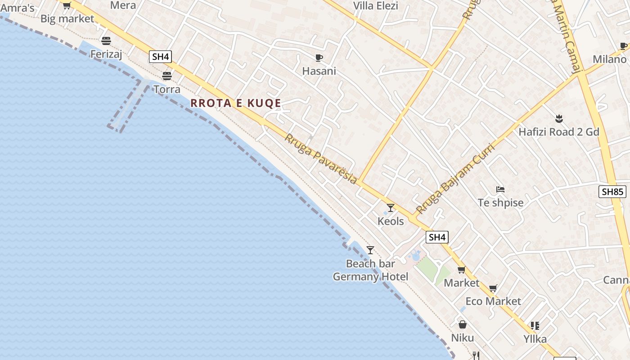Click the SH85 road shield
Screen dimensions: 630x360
tap(612, 192)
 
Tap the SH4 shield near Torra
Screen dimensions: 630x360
tap(161, 57)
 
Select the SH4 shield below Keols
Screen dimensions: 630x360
tap(437, 237)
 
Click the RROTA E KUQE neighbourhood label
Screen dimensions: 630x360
tap(236, 103)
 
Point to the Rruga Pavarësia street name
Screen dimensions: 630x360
tap(321, 159)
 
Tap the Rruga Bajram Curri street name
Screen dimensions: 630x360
tap(455, 179)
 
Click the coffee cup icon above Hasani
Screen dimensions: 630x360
tap(319, 58)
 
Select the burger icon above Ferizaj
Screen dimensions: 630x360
tap(106, 41)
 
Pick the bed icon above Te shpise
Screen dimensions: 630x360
tap(500, 189)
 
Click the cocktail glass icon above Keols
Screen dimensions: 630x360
tap(391, 208)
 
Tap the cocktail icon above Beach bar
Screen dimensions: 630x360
tap(370, 250)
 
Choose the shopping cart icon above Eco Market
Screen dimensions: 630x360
tap(493, 288)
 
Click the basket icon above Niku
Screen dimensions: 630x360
tap(462, 324)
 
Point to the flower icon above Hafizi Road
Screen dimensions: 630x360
tap(559, 119)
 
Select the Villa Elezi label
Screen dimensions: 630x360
tap(376, 6)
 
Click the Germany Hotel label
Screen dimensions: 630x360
tap(370, 276)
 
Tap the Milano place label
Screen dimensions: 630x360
tap(609, 59)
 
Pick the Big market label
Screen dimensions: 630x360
tap(67, 19)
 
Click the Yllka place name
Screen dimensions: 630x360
tap(535, 339)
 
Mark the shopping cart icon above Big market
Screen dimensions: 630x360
tap(67, 5)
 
